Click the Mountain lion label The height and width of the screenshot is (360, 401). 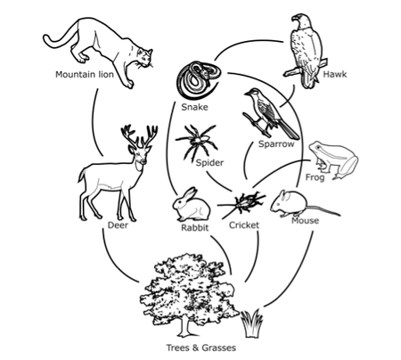pos(85,74)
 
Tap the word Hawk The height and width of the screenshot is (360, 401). pos(335,74)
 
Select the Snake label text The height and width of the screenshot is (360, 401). pos(194,107)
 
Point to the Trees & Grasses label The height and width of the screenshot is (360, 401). pos(201,348)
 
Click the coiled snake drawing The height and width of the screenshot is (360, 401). pos(199,79)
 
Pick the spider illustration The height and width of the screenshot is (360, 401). pos(197,142)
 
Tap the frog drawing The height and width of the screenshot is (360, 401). pos(333,160)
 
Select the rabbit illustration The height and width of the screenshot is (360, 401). pos(192,205)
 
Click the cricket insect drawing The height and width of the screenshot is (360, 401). pos(243,203)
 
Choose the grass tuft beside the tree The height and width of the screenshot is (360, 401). pos(251,323)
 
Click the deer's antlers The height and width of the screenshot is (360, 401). pos(139,136)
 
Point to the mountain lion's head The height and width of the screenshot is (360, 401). pos(144,58)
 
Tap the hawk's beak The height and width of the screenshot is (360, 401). pos(294,19)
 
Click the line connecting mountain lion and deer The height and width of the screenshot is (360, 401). pos(94,122)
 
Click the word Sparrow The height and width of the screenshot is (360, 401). pos(276,144)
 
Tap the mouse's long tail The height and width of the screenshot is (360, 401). pos(323,210)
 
